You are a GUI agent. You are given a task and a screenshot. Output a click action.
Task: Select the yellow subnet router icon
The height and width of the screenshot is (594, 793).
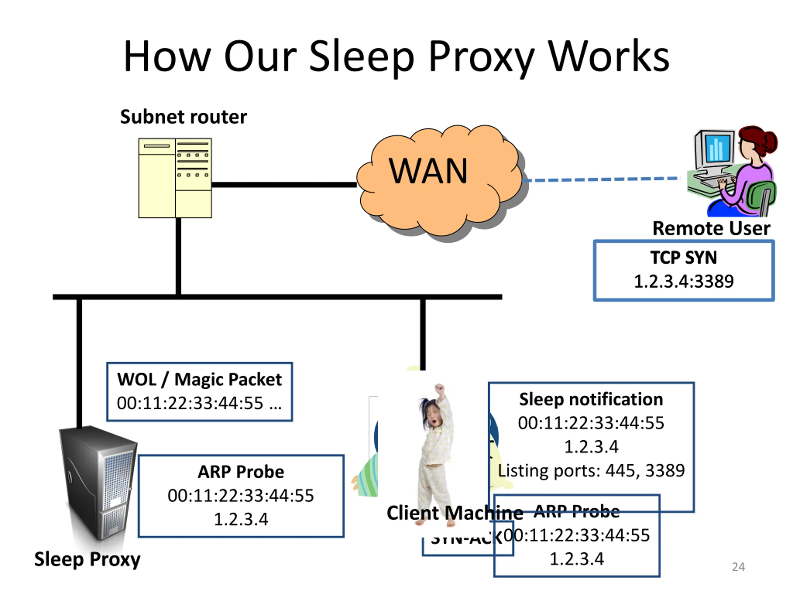[x=175, y=178]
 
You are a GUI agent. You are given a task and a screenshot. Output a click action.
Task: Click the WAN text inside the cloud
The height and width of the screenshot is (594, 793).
[x=428, y=171]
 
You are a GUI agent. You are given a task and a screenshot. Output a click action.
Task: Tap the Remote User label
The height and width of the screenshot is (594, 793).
[x=711, y=228]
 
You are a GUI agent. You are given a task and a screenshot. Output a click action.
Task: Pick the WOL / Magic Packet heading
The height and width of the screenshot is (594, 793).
[x=199, y=380]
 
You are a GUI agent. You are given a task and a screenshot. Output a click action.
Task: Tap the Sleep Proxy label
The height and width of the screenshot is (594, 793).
[x=87, y=559]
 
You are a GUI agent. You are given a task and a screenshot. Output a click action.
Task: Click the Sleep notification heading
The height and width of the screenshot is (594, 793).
[x=591, y=399]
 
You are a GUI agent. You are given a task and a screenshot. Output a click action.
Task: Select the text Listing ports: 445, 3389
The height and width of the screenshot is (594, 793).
[x=591, y=471]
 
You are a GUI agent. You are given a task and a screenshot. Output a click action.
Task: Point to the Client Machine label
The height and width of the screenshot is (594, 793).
[x=454, y=513]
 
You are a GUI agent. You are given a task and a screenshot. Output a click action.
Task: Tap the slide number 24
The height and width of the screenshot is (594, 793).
[x=738, y=567]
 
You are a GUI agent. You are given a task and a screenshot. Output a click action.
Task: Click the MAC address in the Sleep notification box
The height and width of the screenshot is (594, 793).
[x=591, y=423]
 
